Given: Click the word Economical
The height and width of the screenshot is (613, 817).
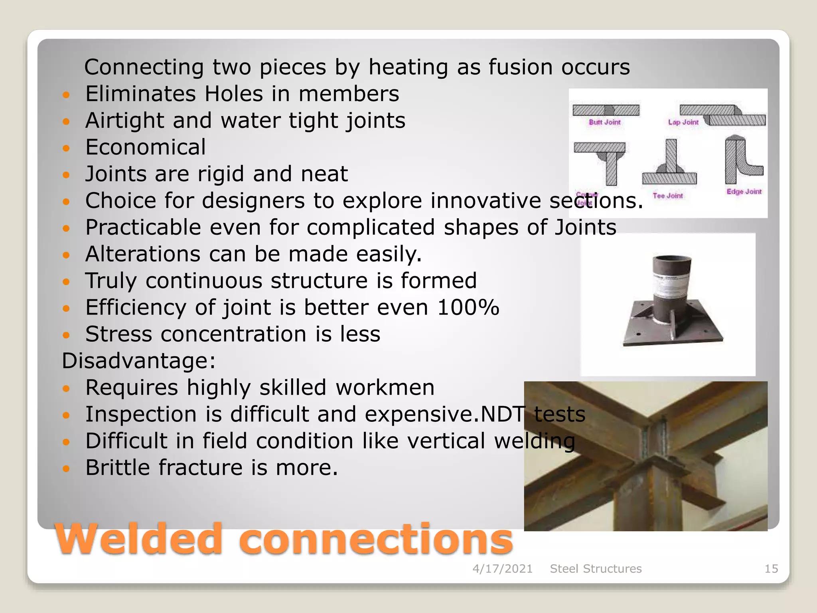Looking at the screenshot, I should pyautogui.click(x=146, y=147).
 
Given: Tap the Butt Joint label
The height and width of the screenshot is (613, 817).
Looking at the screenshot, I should pyautogui.click(x=605, y=122).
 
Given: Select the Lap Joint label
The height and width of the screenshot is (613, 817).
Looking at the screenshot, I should pyautogui.click(x=683, y=122).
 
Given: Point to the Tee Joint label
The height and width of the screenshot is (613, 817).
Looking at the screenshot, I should pyautogui.click(x=668, y=196).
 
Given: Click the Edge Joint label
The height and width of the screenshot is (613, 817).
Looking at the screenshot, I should pyautogui.click(x=744, y=192).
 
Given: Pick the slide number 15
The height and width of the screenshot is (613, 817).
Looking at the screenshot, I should pyautogui.click(x=771, y=569).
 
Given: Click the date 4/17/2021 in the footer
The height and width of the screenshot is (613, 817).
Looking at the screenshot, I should pyautogui.click(x=503, y=569).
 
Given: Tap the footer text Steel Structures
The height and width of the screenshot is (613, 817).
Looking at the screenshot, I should pyautogui.click(x=596, y=569).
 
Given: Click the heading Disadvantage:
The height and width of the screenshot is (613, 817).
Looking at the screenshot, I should pyautogui.click(x=139, y=361).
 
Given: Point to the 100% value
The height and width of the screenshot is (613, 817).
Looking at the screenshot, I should pyautogui.click(x=468, y=307).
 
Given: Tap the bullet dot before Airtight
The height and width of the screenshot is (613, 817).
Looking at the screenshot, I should pyautogui.click(x=66, y=121).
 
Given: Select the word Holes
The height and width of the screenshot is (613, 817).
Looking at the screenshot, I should pyautogui.click(x=234, y=94).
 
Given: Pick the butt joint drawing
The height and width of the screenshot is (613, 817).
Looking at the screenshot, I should pyautogui.click(x=606, y=110).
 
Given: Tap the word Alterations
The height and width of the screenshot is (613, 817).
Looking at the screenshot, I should pyautogui.click(x=143, y=254).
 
